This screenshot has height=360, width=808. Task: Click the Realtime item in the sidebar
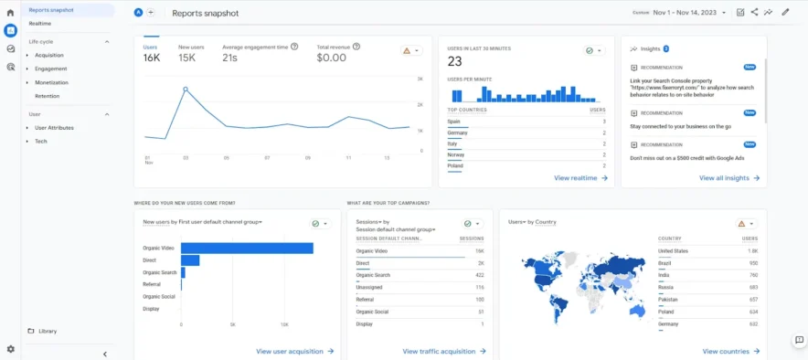[x=40, y=23]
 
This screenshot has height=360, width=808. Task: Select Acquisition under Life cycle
[x=49, y=55]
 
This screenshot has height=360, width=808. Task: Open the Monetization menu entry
[x=51, y=82]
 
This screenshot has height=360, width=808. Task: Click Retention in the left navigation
[x=47, y=96]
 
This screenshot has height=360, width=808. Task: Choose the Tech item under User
[x=41, y=142]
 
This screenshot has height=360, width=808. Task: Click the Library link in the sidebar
[x=48, y=331]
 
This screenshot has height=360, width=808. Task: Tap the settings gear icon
[x=10, y=349]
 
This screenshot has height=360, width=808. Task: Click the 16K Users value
[x=152, y=58]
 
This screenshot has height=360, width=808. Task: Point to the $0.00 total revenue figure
[x=331, y=58]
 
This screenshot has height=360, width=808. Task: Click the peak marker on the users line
[x=186, y=90]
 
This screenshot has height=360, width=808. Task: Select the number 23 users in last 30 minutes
[x=455, y=62]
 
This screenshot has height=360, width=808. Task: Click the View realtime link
[x=581, y=178]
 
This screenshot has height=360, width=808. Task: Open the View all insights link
[x=729, y=178]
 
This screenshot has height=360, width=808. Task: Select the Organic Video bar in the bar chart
[x=247, y=248]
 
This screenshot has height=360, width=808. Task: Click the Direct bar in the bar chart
[x=190, y=260]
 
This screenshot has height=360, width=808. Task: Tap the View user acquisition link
[x=294, y=351]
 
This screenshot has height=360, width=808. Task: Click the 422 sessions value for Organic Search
[x=479, y=275]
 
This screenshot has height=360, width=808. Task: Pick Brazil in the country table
[x=664, y=262]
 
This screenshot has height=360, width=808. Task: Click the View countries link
[x=730, y=351]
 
